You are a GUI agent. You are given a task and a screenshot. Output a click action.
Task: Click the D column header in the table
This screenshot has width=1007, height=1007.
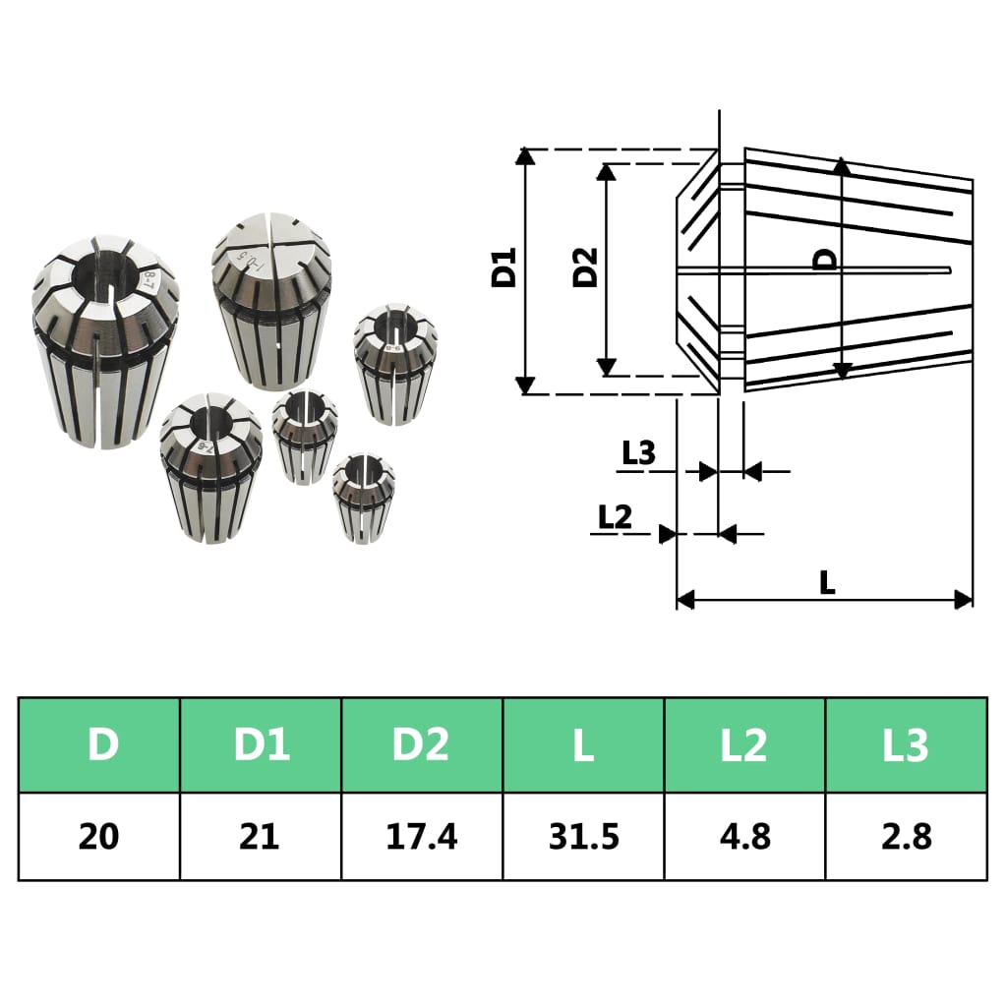coord(99,745)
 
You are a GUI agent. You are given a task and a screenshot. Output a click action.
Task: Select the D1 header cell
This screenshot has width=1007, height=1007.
coord(261,745)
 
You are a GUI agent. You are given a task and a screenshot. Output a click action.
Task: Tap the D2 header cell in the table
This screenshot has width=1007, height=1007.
coord(422,745)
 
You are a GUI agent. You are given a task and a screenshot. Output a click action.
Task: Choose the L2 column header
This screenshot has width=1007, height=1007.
coord(744,745)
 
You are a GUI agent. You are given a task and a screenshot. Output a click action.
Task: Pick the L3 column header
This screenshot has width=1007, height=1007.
coord(906,745)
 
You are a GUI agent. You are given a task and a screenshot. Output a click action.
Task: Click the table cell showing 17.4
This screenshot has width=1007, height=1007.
coord(422,836)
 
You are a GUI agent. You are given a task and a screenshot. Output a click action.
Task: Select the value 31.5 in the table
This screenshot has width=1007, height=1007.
coord(583,836)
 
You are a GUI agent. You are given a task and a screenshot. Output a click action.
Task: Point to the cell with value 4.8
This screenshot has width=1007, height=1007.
coord(744,836)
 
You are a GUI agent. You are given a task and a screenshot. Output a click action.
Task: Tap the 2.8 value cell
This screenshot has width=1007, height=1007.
coord(906,836)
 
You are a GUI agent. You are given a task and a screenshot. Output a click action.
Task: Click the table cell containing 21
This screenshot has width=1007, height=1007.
coord(261,836)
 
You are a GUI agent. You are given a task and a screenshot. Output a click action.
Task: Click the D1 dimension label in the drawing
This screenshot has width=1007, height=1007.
coord(504,269)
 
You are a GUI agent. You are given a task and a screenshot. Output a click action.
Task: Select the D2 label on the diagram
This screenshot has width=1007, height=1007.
coord(586,267)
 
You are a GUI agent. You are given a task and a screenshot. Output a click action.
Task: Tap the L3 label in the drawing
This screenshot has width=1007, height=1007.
coord(638,453)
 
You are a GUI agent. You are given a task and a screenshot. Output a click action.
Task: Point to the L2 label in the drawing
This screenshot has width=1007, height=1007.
coord(615,516)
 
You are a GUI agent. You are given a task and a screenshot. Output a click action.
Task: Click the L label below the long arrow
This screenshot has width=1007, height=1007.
coord(827,582)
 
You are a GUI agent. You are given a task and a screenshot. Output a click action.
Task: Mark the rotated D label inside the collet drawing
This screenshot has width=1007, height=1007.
coord(827,259)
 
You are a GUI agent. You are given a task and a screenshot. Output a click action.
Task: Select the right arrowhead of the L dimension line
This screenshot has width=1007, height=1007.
coord(964,600)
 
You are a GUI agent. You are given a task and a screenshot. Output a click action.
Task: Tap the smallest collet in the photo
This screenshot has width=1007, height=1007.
coord(363,497)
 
